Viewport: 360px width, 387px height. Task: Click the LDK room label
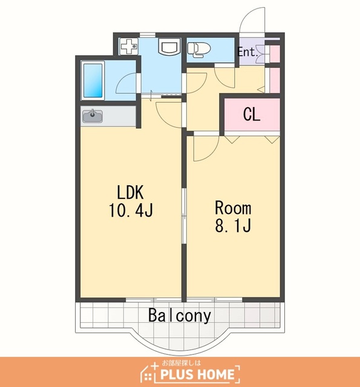pos(130,192)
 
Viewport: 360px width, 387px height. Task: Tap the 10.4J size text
pos(131,210)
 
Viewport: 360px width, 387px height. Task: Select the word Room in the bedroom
pos(233,208)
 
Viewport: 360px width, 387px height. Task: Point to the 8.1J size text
pos(233,226)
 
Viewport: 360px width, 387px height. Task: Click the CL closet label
pos(252,114)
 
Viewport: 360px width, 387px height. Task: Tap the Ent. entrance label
pos(247,52)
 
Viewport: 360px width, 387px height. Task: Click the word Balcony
pos(180,316)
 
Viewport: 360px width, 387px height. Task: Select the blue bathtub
pos(93,80)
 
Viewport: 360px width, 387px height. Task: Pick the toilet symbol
pos(199,50)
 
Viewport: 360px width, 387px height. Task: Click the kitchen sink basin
pos(93,116)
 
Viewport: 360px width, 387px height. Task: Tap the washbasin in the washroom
pos(169,47)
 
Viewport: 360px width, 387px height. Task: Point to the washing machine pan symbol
pos(129,46)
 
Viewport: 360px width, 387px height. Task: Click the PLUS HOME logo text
pos(197,374)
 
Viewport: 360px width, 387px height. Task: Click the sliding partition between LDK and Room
pos(184,216)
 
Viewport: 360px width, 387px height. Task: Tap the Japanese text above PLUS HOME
pos(182,363)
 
